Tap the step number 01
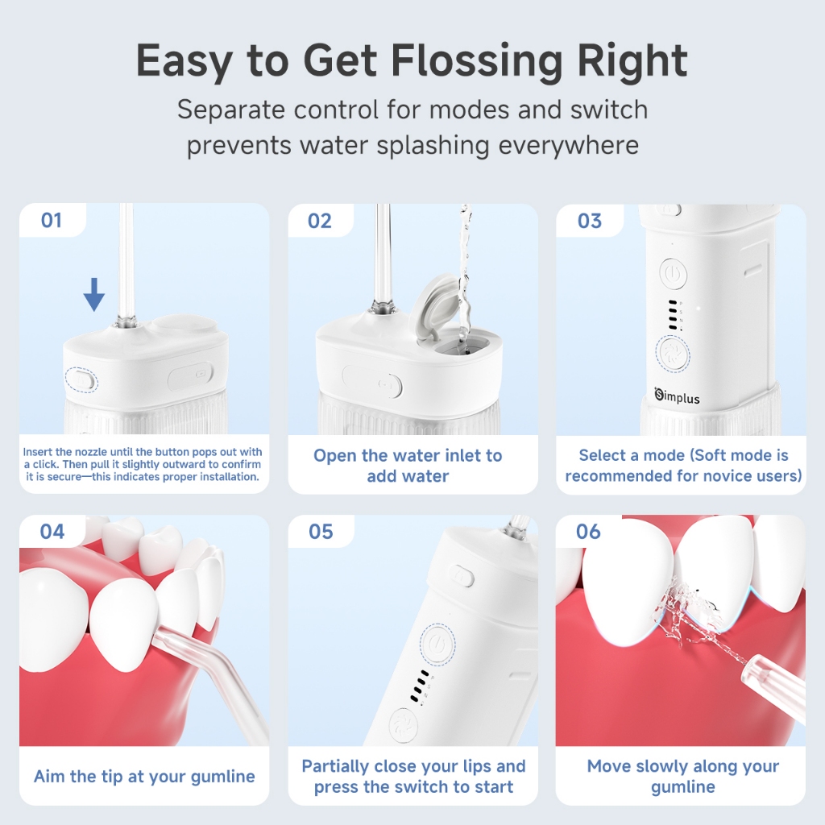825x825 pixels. pyautogui.click(x=52, y=220)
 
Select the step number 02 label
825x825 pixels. pyautogui.click(x=320, y=221)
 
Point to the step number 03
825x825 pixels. pyautogui.click(x=589, y=221)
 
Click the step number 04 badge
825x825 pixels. pyautogui.click(x=52, y=532)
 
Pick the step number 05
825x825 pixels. pyautogui.click(x=321, y=532)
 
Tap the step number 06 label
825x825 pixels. pyautogui.click(x=588, y=532)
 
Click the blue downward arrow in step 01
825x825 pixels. pyautogui.click(x=94, y=295)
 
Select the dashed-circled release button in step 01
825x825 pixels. pyautogui.click(x=81, y=379)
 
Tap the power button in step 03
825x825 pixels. pyautogui.click(x=673, y=274)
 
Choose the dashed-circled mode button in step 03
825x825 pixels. pyautogui.click(x=673, y=353)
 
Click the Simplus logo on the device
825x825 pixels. pyautogui.click(x=677, y=396)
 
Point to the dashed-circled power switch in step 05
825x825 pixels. pyautogui.click(x=437, y=644)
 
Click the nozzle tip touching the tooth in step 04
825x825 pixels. pyautogui.click(x=157, y=636)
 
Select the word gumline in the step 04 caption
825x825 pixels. pyautogui.click(x=222, y=777)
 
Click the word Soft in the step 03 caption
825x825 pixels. pyautogui.click(x=714, y=455)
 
